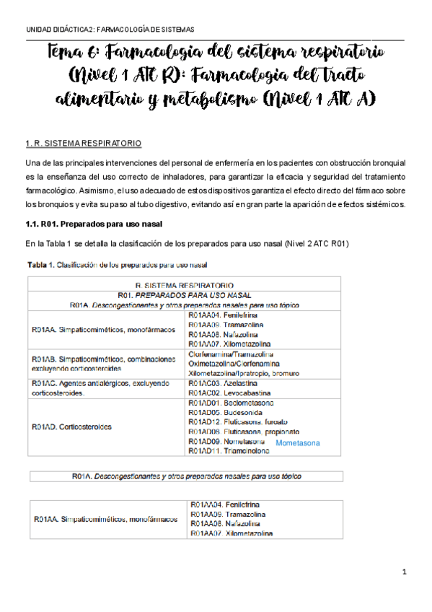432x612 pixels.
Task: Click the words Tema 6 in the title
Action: (x=76, y=52)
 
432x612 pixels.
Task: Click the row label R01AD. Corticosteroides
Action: (x=73, y=427)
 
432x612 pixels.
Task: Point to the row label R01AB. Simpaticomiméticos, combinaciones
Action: (x=104, y=359)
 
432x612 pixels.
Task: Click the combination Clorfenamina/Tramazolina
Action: (x=230, y=354)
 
